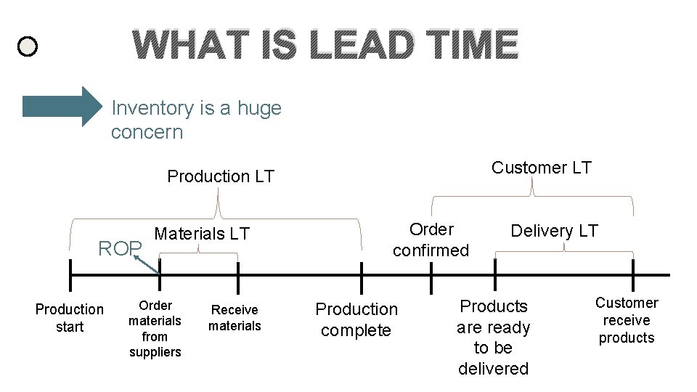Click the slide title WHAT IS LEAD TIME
[326, 45]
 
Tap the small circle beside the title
[27, 48]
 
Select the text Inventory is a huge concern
[196, 120]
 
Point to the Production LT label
[221, 176]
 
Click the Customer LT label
[541, 168]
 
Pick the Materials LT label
[202, 234]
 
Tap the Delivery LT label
[554, 231]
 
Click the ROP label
[120, 249]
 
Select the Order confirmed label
[431, 240]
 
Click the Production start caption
[70, 318]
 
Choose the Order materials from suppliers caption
[155, 329]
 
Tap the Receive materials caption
[235, 318]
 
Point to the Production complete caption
[356, 319]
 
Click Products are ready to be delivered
[494, 337]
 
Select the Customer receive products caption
[627, 320]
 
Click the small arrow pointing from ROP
[150, 264]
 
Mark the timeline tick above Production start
[70, 275]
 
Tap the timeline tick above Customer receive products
[633, 275]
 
